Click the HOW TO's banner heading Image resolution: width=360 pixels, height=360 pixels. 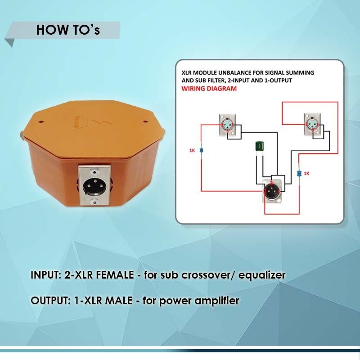tap(68, 30)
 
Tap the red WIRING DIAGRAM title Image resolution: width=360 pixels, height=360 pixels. tap(209, 89)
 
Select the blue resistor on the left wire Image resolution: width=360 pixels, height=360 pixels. tap(201, 150)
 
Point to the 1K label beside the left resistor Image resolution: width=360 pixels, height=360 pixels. tap(192, 150)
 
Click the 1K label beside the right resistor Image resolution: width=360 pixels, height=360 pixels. tap(307, 173)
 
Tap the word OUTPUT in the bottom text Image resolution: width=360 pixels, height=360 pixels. tap(48, 300)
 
